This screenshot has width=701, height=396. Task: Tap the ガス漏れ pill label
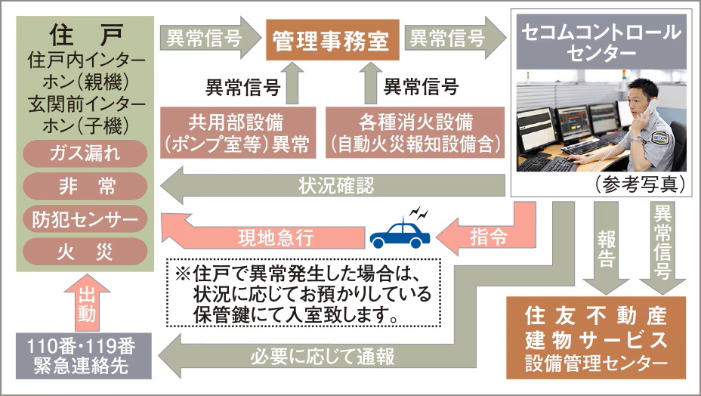pos(85,153)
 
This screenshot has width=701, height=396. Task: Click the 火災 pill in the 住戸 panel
pos(85,251)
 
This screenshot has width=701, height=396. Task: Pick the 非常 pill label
pos(85,185)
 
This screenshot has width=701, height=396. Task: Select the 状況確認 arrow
pos(332,185)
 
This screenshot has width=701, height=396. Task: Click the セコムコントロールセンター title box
pos(601,42)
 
